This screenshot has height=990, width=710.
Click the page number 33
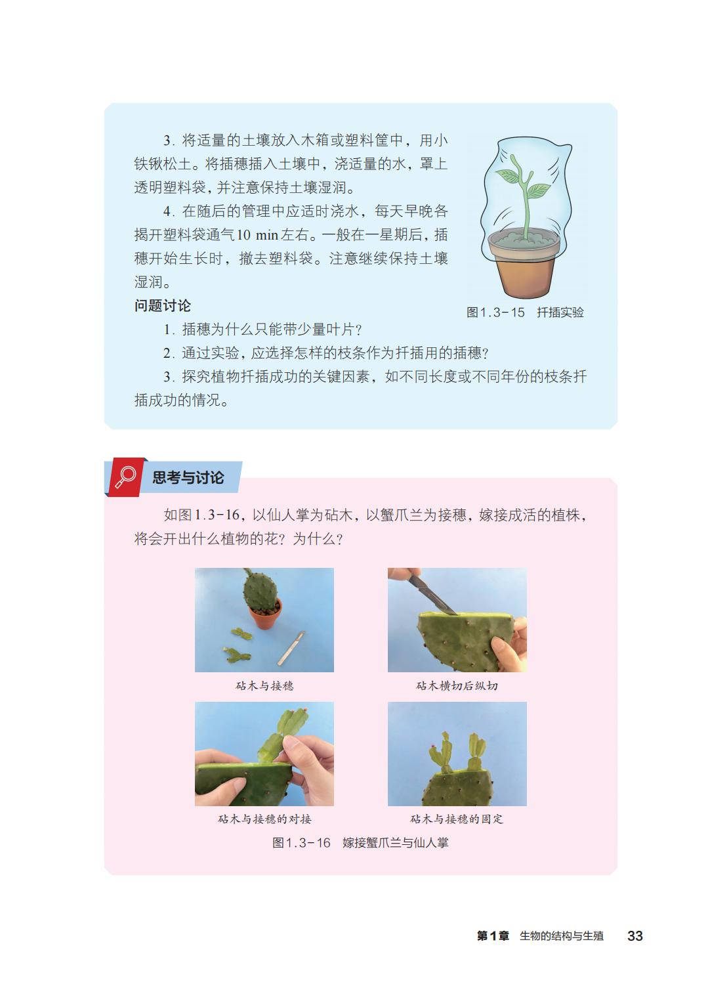coord(635,936)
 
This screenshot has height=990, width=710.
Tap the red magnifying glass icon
coord(125,477)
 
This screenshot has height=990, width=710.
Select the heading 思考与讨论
coord(188,477)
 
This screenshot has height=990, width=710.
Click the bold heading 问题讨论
coord(162,305)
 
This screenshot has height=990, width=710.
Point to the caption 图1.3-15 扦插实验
coord(525,312)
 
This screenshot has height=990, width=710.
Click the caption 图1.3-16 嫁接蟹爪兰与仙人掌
coord(360,842)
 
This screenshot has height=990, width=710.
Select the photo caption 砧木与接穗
coord(264,685)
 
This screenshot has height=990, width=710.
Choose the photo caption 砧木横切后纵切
coord(457,685)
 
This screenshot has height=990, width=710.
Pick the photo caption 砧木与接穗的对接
coord(264,819)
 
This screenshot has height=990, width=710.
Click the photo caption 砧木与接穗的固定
coord(457,819)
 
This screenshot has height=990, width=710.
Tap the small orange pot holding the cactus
coord(265,613)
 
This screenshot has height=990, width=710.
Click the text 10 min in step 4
coord(257,234)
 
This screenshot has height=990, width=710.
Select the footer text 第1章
coord(493,936)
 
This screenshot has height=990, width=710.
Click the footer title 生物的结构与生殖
coord(561,936)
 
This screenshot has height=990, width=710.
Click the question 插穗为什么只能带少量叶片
coord(263,330)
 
